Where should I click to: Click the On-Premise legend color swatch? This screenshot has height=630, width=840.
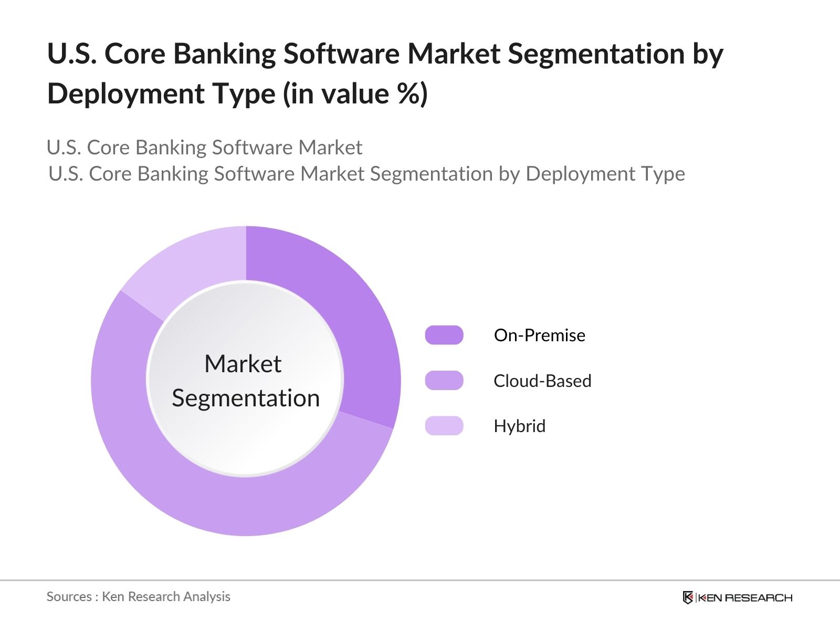point(444,335)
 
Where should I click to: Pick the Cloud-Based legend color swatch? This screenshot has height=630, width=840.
point(444,381)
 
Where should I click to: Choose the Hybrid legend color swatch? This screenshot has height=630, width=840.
point(444,426)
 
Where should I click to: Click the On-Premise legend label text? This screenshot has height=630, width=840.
point(539,335)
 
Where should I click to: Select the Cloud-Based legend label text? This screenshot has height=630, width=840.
point(542,381)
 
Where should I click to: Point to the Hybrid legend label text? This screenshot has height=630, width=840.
point(519,426)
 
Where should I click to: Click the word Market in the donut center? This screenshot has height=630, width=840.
point(243,364)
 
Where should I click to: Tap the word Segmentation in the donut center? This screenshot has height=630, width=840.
point(246,398)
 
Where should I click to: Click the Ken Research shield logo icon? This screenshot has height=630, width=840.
point(688,597)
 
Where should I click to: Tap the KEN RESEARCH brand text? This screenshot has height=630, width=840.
point(744,597)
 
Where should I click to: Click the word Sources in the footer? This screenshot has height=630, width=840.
point(69,596)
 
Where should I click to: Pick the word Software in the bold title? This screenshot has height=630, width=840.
point(342,54)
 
